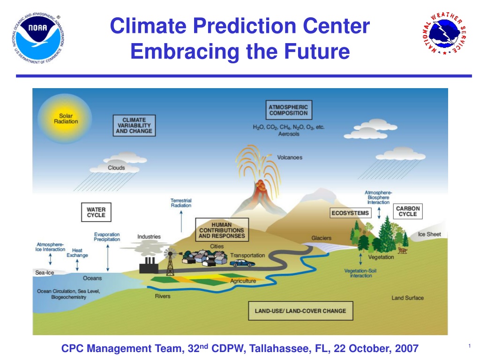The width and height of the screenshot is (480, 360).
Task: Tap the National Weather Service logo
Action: tap(444, 34)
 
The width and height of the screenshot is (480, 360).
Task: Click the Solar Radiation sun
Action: tap(65, 119)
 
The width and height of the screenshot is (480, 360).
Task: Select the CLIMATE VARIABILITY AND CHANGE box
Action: tap(134, 126)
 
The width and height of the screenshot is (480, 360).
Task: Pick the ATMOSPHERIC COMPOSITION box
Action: tap(289, 110)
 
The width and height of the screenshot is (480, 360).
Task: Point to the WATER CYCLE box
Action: tap(96, 212)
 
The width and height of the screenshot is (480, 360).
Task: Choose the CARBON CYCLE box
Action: tap(407, 211)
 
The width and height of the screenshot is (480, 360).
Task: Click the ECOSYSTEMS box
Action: tap(350, 213)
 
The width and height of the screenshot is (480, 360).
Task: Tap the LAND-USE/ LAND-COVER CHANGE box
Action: tap(300, 311)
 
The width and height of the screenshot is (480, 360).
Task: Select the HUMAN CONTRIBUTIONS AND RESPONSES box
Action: tap(222, 230)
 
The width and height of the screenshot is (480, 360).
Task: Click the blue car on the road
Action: tap(242, 263)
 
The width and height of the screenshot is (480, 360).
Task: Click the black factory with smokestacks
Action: tap(149, 265)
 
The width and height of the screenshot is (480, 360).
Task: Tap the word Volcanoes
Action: tap(290, 157)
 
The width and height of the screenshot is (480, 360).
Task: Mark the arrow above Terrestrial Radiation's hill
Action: tap(181, 221)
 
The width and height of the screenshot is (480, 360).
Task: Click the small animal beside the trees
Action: tap(402, 251)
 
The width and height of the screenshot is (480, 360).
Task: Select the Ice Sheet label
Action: tap(429, 234)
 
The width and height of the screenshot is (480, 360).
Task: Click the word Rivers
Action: tap(163, 296)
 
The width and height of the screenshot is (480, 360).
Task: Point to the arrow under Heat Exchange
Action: tap(77, 265)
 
